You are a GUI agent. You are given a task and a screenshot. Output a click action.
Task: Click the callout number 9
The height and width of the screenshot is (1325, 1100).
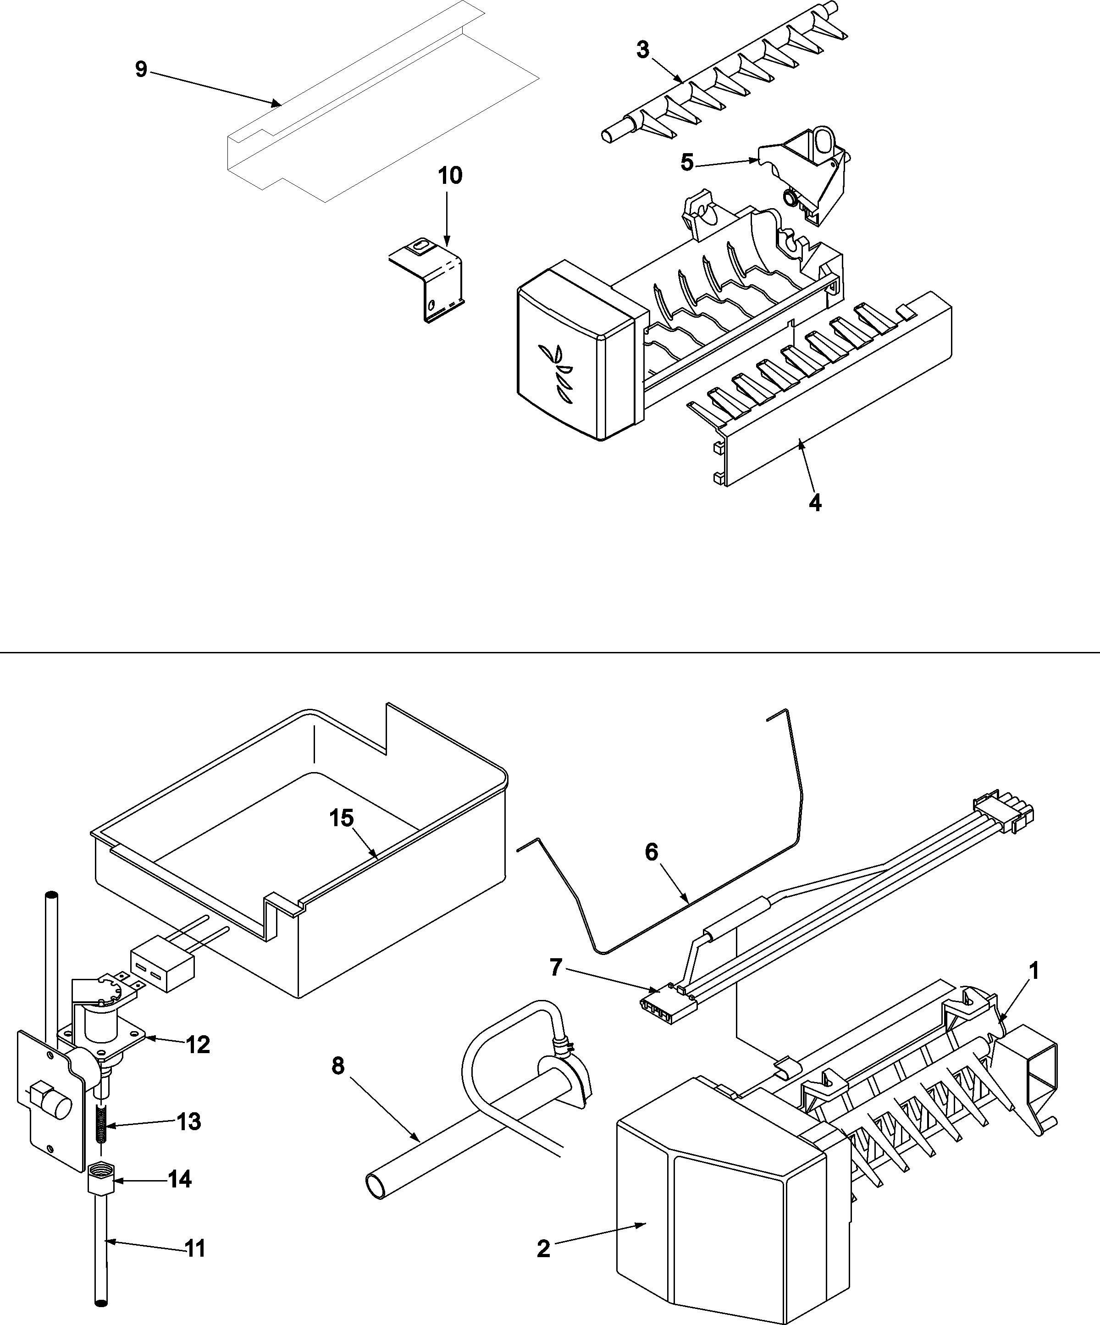pyautogui.click(x=141, y=69)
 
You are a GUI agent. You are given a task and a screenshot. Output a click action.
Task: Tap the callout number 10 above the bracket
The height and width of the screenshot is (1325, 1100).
pyautogui.click(x=450, y=176)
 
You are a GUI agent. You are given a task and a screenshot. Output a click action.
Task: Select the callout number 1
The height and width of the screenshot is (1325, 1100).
pyautogui.click(x=1033, y=971)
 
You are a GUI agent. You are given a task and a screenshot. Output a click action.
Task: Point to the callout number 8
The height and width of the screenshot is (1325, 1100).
pyautogui.click(x=338, y=1066)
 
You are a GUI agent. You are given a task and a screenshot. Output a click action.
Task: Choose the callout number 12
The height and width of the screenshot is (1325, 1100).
pyautogui.click(x=198, y=1045)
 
